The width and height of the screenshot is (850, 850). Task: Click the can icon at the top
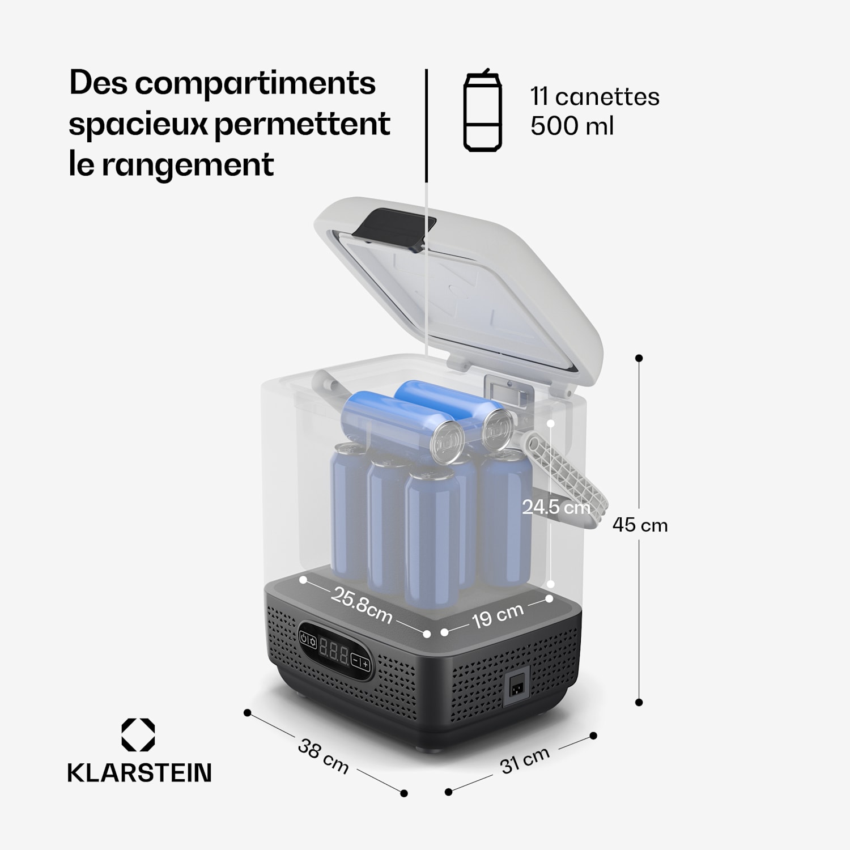click(482, 112)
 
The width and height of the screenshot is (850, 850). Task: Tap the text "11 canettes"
click(594, 97)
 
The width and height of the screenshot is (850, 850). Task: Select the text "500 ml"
click(572, 126)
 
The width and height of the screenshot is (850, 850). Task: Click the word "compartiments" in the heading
click(255, 83)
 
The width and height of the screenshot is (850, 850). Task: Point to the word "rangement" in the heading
click(188, 165)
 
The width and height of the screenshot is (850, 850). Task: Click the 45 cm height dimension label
click(640, 525)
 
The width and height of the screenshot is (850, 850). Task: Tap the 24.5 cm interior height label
click(556, 507)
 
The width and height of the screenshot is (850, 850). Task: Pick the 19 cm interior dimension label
click(498, 616)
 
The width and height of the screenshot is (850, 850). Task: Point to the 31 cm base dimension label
click(525, 760)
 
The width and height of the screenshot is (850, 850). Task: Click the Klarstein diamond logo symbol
click(138, 735)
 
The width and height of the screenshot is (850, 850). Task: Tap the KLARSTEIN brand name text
click(139, 773)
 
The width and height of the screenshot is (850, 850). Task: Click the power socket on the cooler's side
click(516, 687)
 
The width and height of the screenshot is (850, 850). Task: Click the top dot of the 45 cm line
click(639, 358)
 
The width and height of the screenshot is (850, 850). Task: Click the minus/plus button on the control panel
click(360, 662)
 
